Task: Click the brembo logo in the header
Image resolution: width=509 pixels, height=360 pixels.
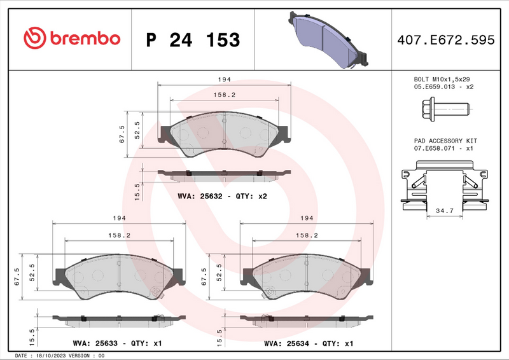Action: pyautogui.click(x=71, y=38)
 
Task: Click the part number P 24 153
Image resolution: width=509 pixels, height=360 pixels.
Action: pyautogui.click(x=193, y=39)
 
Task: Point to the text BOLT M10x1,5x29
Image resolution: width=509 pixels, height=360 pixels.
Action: pyautogui.click(x=442, y=79)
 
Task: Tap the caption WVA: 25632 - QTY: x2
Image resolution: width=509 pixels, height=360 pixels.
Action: pyautogui.click(x=222, y=196)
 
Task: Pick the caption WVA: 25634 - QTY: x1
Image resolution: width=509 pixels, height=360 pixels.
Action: pyautogui.click(x=308, y=343)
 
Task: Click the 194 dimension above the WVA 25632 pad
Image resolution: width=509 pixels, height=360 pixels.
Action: pyautogui.click(x=224, y=80)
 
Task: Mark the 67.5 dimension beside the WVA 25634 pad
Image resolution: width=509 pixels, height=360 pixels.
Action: pyautogui.click(x=204, y=277)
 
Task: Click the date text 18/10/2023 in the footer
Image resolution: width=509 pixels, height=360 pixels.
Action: pyautogui.click(x=53, y=356)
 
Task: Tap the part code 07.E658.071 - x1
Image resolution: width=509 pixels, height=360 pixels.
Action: pyautogui.click(x=443, y=148)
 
